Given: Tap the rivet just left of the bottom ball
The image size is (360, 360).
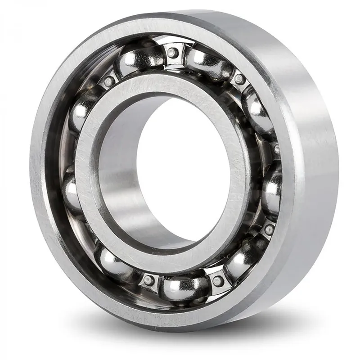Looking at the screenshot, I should coord(148,280).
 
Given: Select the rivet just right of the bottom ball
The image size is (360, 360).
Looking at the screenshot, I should coord(218,281).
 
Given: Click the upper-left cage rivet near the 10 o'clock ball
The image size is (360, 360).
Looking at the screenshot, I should coord(108,81).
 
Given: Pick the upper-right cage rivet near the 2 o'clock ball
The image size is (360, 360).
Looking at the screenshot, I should coord(239,79).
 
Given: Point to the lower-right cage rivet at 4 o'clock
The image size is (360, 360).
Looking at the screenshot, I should coord(269,229).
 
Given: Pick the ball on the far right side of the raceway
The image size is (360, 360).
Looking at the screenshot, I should coord(272,189).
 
